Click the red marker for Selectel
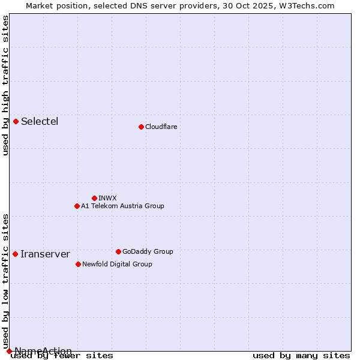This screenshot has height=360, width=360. (x=16, y=121)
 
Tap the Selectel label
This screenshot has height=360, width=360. (x=40, y=122)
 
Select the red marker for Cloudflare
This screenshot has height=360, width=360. (x=141, y=127)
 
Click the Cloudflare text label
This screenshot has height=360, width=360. (x=161, y=127)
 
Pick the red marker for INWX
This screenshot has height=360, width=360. (x=94, y=198)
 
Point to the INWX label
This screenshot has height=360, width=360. (x=107, y=198)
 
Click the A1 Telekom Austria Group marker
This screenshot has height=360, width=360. (x=77, y=206)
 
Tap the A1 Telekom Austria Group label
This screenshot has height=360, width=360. (x=122, y=206)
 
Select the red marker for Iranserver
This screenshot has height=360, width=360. (x=15, y=254)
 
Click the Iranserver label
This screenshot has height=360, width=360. (x=45, y=254)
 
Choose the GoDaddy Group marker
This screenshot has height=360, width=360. (x=118, y=251)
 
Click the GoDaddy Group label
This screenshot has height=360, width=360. (x=148, y=251)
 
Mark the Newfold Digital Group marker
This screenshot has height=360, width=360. (x=78, y=264)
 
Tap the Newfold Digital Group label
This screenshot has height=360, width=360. (x=117, y=264)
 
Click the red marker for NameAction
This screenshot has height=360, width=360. (x=9, y=351)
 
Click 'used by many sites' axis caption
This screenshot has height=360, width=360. (x=301, y=356)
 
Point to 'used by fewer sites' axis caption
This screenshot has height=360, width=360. (x=62, y=356)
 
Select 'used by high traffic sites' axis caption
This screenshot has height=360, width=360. (x=6, y=85)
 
